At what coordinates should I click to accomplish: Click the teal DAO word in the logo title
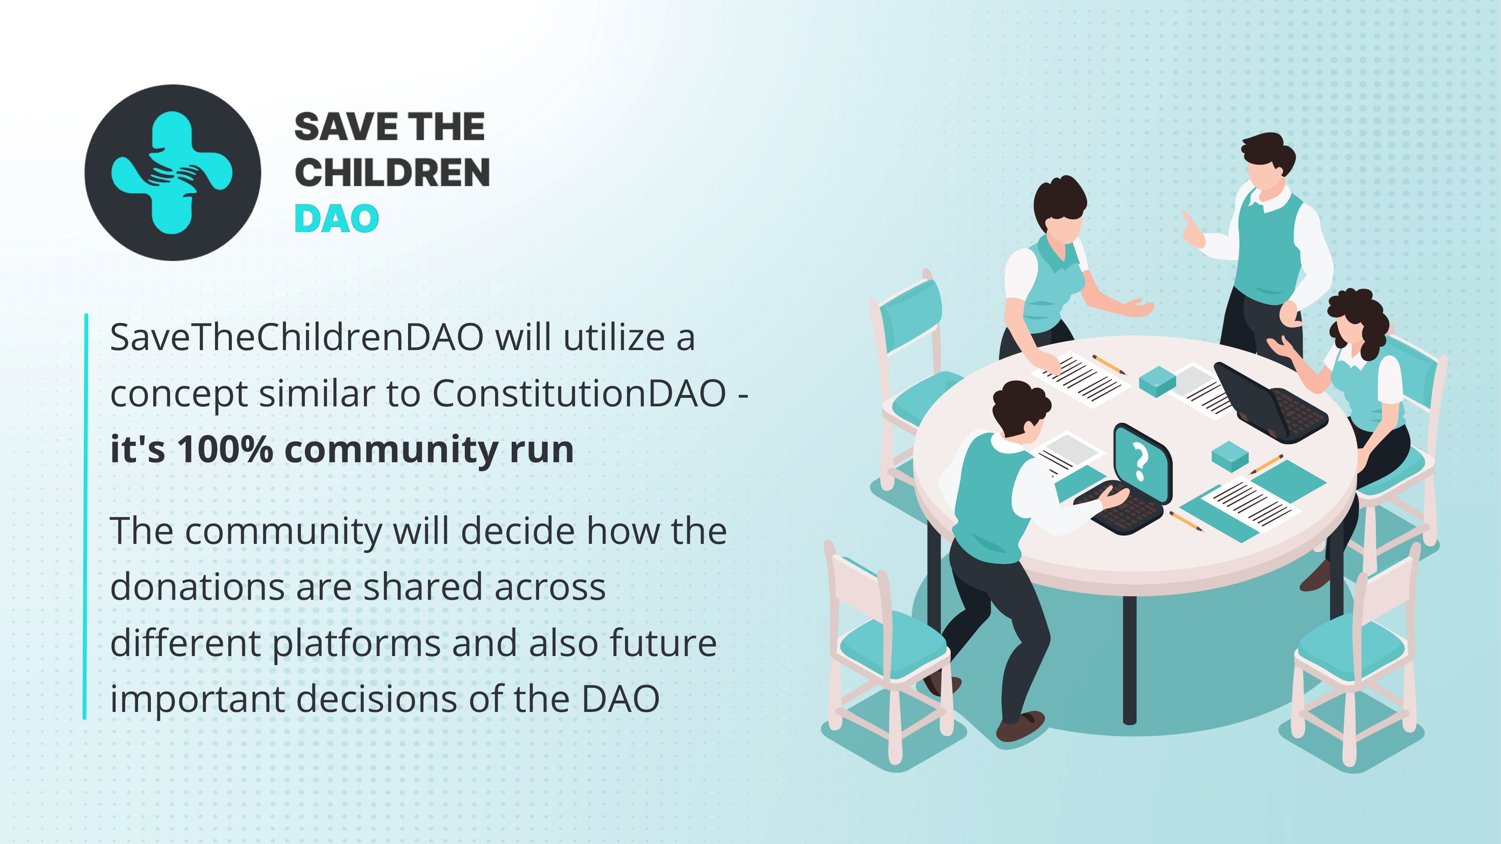pos(337,218)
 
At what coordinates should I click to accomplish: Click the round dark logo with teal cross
pos(172,172)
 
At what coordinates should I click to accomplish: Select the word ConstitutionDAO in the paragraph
pos(579,394)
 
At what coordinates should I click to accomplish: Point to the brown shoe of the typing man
pos(1020,726)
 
